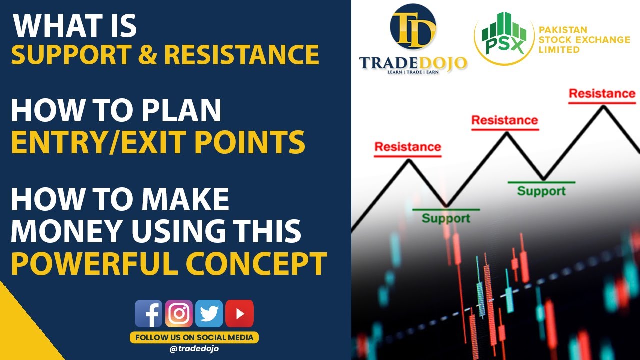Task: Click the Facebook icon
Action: tap(148, 314)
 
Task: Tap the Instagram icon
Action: tap(179, 314)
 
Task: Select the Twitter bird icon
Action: tap(209, 314)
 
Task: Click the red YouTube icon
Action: tap(239, 314)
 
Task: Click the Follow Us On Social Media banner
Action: tap(194, 337)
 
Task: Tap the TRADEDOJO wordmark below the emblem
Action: tap(413, 63)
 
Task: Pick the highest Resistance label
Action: tap(602, 93)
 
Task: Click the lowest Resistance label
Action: tap(408, 147)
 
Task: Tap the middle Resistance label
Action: tap(505, 120)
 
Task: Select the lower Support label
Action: tap(446, 218)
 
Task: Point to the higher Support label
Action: tap(541, 191)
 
